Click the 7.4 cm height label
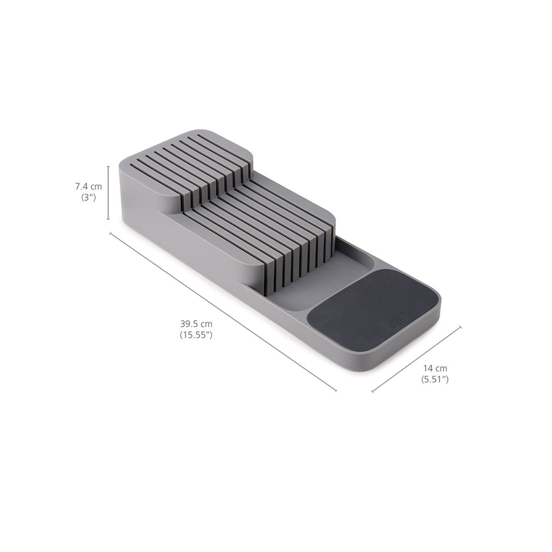coord(89,186)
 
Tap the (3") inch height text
coord(88,198)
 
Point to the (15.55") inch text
coord(195,335)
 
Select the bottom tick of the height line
coord(109,220)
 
